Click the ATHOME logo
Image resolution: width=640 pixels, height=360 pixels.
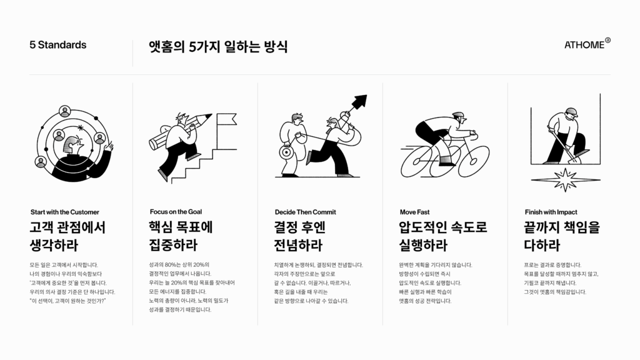(x=587, y=44)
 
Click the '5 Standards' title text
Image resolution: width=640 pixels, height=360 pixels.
(x=58, y=45)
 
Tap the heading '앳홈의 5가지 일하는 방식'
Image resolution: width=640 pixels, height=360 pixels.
(x=218, y=46)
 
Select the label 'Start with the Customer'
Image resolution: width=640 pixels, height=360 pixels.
(x=65, y=212)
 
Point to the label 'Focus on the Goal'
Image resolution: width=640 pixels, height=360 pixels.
(x=176, y=212)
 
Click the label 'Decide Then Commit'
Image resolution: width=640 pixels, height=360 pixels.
(x=305, y=212)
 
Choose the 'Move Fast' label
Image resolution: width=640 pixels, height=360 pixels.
(x=415, y=212)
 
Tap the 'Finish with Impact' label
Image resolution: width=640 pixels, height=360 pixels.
(x=551, y=212)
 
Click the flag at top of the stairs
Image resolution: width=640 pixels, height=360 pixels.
(x=226, y=119)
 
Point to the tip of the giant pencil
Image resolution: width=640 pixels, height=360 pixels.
(x=211, y=115)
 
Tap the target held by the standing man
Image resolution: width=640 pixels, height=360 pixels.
(x=286, y=152)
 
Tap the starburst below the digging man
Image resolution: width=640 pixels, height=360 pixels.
(x=565, y=179)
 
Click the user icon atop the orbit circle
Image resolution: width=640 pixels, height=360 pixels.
(x=65, y=111)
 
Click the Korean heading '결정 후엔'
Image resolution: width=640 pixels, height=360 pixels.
(x=299, y=227)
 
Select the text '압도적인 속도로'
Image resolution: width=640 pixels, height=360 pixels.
(x=443, y=227)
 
